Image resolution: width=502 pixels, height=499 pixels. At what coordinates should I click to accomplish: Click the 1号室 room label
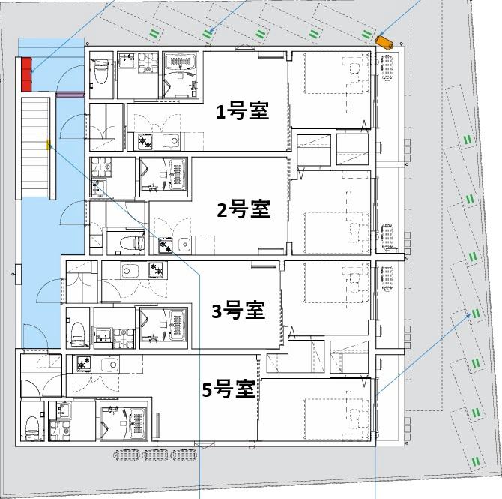tap(242, 112)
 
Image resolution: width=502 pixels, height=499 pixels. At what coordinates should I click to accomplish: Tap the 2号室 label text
tap(243, 209)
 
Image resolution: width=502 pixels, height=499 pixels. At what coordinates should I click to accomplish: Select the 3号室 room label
tap(238, 309)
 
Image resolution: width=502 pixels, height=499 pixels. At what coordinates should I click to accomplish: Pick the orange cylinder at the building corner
tap(386, 41)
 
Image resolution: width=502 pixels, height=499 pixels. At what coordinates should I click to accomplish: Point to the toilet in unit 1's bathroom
tap(100, 71)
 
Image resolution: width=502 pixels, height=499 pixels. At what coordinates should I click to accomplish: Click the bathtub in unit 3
tap(174, 326)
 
